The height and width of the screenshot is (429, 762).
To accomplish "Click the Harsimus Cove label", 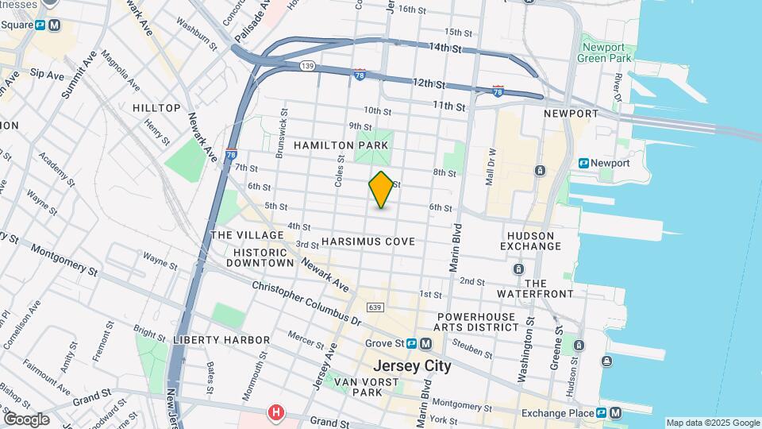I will pyautogui.click(x=368, y=241).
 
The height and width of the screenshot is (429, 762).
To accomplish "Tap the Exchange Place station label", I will pyautogui.click(x=558, y=413).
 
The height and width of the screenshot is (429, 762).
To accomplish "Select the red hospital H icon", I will pyautogui.click(x=275, y=412).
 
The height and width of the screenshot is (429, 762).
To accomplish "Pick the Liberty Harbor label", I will pyautogui.click(x=221, y=340).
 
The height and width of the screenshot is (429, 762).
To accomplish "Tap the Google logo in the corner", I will pyautogui.click(x=26, y=419).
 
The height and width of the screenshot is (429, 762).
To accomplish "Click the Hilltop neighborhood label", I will pyautogui.click(x=156, y=108).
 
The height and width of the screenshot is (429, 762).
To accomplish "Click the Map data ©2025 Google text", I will pyautogui.click(x=712, y=423).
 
